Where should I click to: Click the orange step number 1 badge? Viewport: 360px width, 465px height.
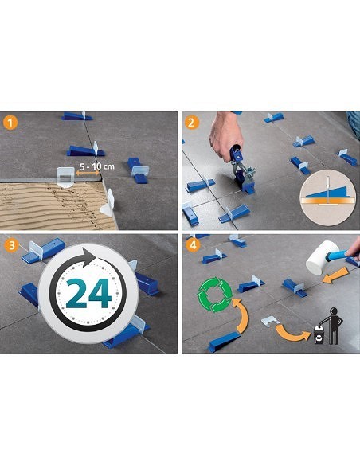coord(10,123)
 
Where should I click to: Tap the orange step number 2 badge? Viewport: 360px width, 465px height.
coord(192,123)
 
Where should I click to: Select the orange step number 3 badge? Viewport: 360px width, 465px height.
coord(10,244)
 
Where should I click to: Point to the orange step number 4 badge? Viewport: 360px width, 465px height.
coord(192,244)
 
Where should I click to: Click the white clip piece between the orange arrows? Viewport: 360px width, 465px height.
coord(268,319)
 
